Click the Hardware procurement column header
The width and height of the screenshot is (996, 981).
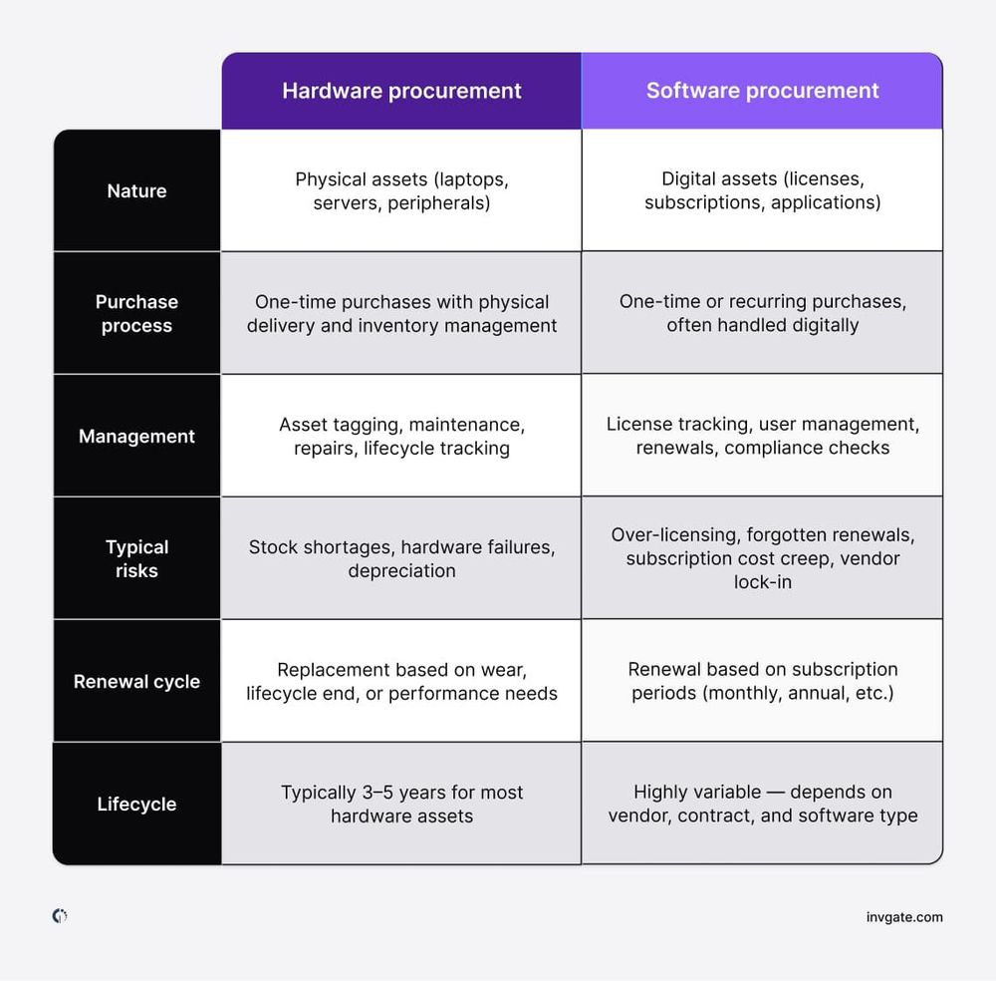[401, 91]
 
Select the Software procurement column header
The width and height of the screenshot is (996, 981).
[762, 91]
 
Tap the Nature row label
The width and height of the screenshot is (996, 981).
[136, 190]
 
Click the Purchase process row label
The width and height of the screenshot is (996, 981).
[136, 313]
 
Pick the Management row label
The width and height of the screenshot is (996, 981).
[136, 436]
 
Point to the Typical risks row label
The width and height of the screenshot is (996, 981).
[136, 558]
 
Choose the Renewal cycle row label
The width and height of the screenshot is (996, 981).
[136, 682]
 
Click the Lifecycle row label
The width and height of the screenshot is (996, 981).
[136, 805]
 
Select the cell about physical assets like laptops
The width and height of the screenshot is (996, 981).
[401, 190]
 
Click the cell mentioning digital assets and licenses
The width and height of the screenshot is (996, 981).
[762, 190]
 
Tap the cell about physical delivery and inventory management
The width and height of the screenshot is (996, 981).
[401, 313]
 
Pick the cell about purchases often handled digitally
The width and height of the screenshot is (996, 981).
[762, 313]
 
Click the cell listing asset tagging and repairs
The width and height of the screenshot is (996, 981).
[401, 436]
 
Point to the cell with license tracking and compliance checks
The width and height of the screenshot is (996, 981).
[762, 436]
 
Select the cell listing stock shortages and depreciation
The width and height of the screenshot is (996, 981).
[401, 558]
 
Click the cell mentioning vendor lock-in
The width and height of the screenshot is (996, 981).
[762, 558]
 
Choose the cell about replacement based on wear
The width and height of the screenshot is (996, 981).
[401, 682]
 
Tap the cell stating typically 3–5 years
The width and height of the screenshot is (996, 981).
[401, 805]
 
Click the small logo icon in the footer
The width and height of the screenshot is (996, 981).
[60, 916]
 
